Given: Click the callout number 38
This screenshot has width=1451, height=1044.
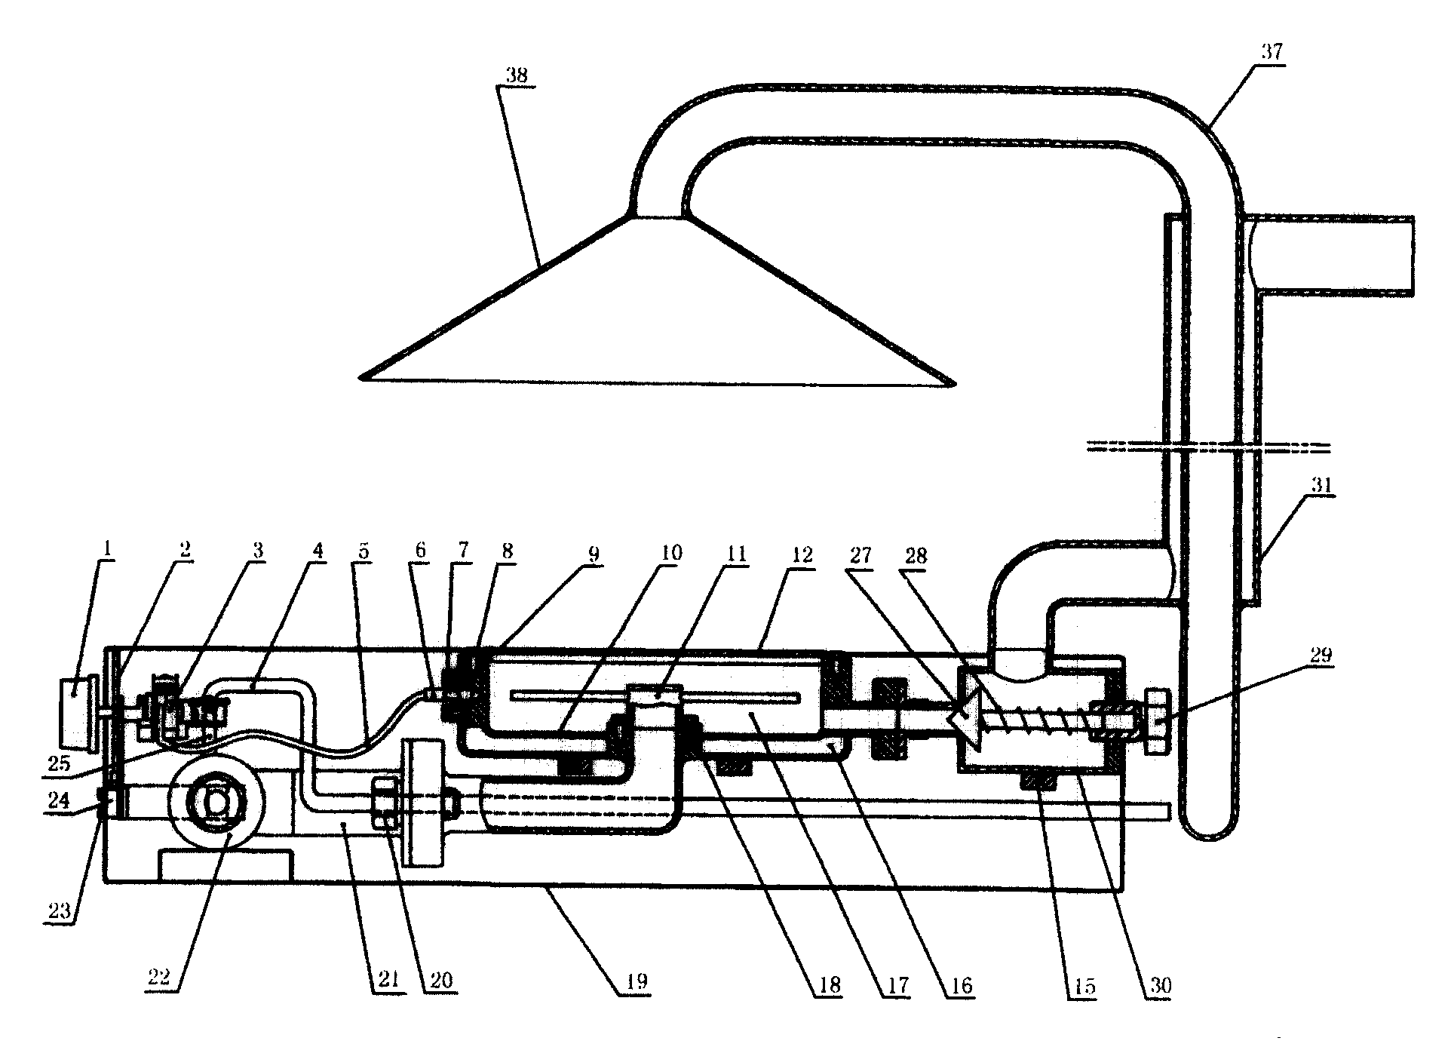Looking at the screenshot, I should coord(517,75).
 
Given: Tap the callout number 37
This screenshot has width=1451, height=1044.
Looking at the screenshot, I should coord(1271,53).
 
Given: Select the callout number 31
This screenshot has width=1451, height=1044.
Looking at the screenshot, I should coord(1320,485).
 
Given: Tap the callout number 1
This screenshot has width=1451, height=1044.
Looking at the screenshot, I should coord(107,549).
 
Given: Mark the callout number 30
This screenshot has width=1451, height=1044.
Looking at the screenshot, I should coord(1158,985).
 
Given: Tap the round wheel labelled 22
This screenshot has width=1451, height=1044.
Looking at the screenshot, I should coord(217,804).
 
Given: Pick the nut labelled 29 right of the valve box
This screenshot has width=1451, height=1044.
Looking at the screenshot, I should coord(1157,720).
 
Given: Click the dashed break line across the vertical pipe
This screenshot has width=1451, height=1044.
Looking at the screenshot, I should coord(1207,448).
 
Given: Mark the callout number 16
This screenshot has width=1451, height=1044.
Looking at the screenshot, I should coord(959,985).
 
